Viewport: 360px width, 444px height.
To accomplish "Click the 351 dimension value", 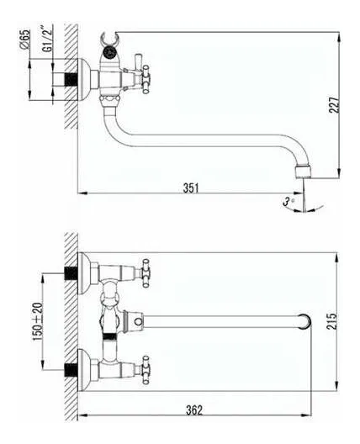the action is coord(191,188).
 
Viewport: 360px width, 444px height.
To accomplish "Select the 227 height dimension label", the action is coord(334,105).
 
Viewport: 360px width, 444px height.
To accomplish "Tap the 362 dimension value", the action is coord(194,410).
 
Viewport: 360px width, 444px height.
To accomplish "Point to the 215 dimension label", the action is coord(331,321).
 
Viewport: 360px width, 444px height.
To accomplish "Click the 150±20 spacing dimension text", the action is coord(38,322).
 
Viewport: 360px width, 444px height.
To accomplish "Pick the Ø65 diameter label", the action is coord(25,39).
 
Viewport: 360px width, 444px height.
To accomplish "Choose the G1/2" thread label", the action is coord(48,39).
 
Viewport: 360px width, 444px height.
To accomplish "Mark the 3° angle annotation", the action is coord(288,202).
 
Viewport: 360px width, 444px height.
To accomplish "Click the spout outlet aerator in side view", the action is coord(304,172).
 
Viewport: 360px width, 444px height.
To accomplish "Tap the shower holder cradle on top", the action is coord(109,40).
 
